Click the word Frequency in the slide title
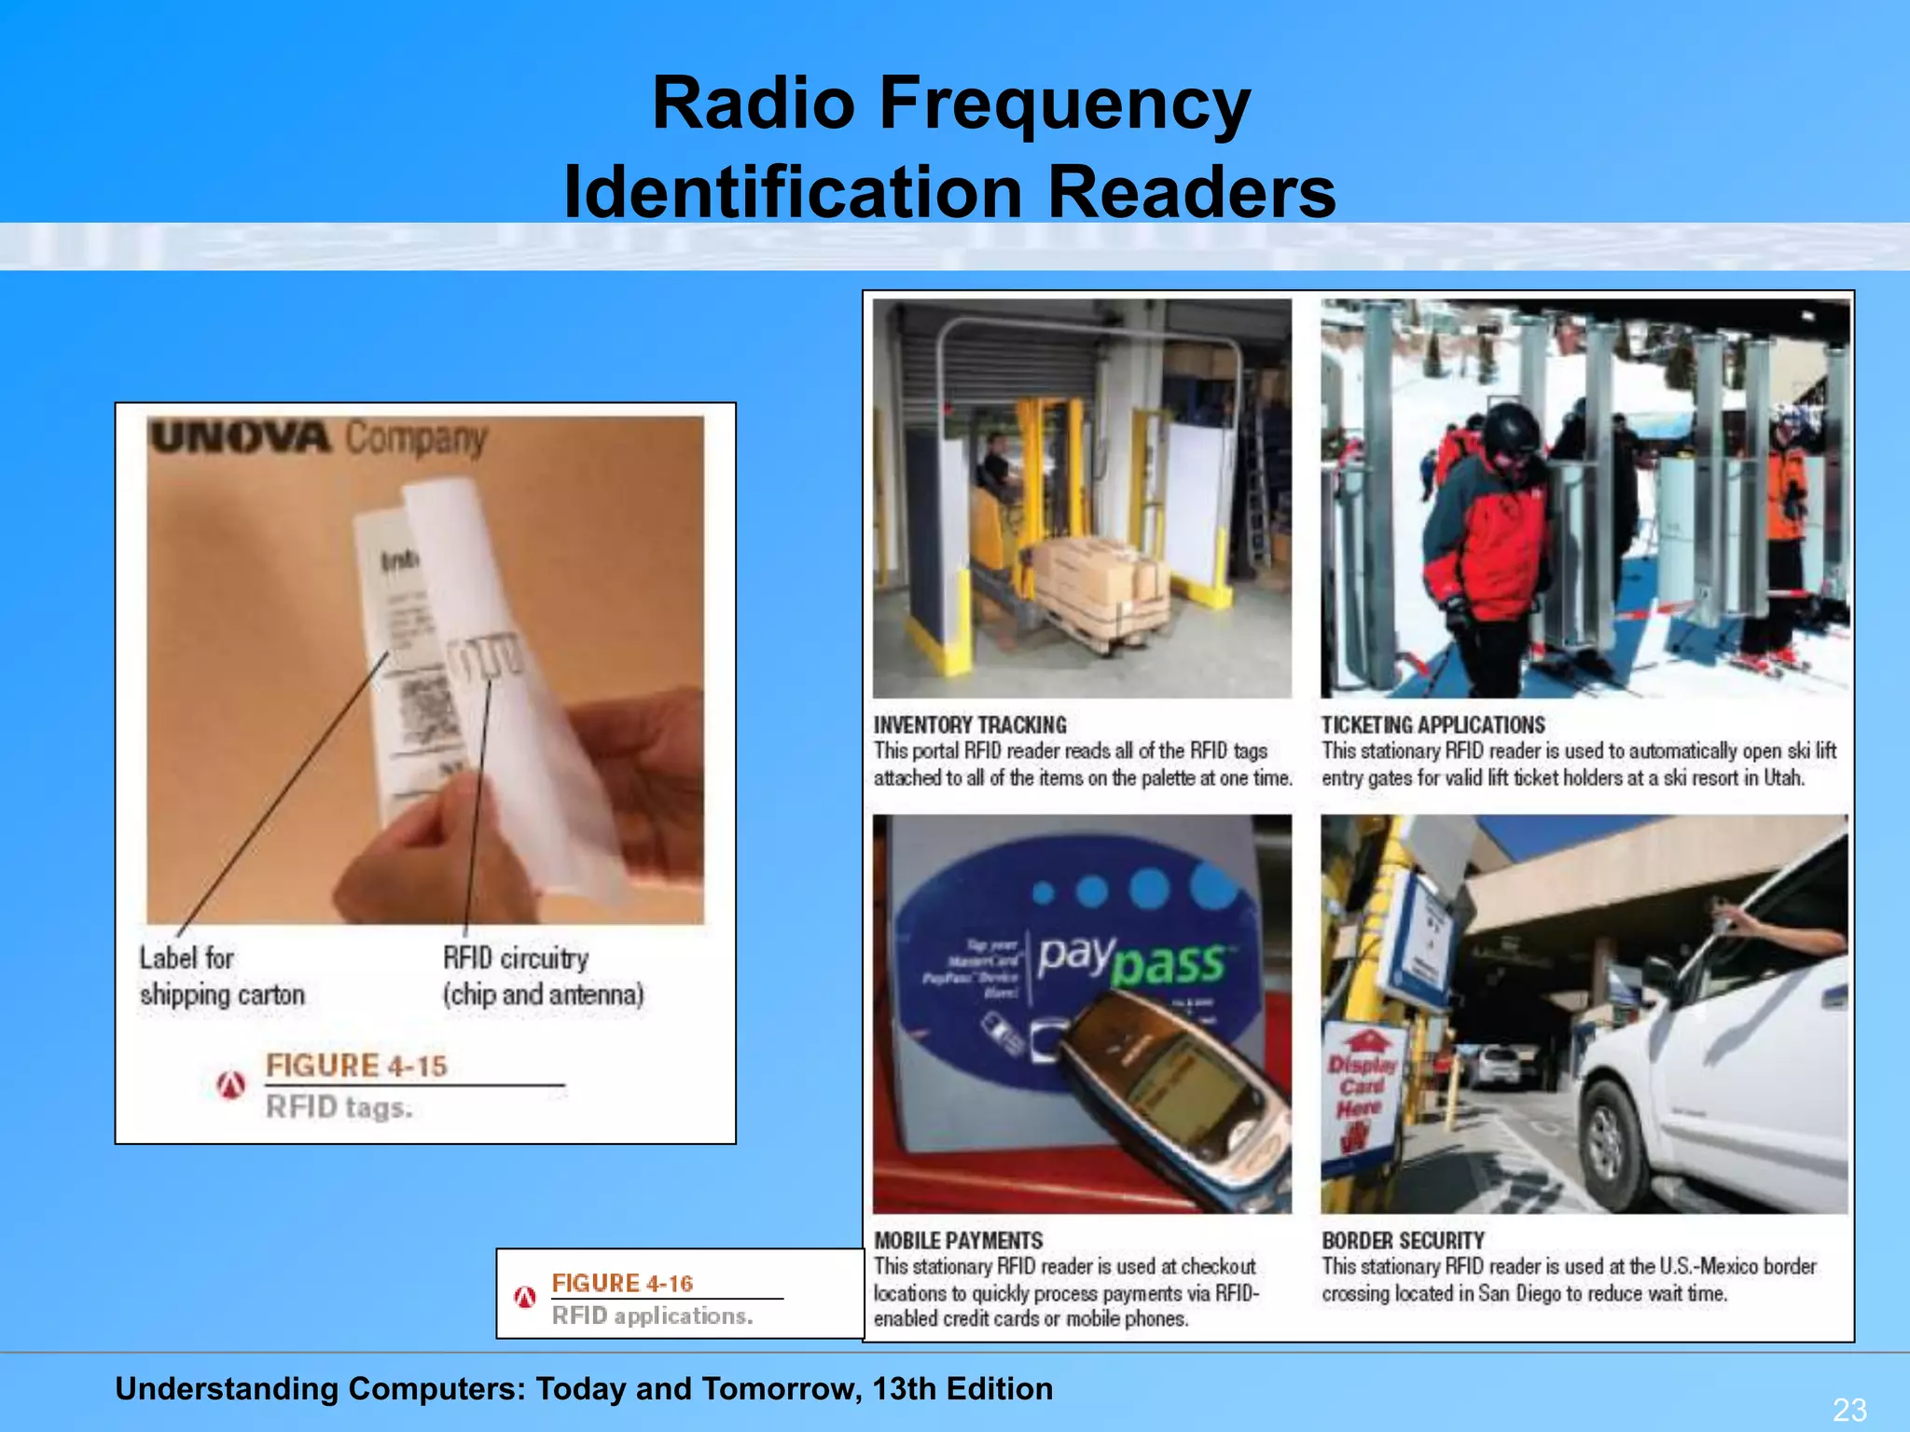point(1064,104)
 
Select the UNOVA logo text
point(241,437)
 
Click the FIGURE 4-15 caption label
point(356,1066)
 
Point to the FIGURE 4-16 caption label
point(622,1284)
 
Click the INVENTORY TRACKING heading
point(970,725)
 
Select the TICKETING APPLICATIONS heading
point(1432,725)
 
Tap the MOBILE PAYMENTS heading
point(958,1241)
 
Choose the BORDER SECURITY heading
point(1403,1241)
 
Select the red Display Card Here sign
point(1362,1086)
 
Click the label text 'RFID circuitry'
point(516,958)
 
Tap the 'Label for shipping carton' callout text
point(222,976)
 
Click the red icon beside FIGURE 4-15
point(231,1084)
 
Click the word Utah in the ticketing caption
point(1782,778)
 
